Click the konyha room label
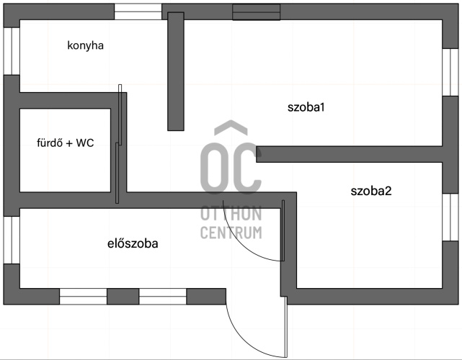coord(86,46)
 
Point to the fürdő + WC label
coord(66,143)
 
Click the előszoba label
coord(132,243)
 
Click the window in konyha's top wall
coord(138,12)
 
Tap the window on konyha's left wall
coord(11,50)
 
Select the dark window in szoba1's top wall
coord(256,12)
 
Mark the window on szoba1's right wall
coord(450,72)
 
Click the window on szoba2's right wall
coord(450,214)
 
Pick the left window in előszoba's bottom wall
coord(83,296)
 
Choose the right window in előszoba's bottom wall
coord(162,296)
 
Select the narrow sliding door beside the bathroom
coord(120,144)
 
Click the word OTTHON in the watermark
coord(231,215)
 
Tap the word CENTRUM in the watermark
coord(231,233)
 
